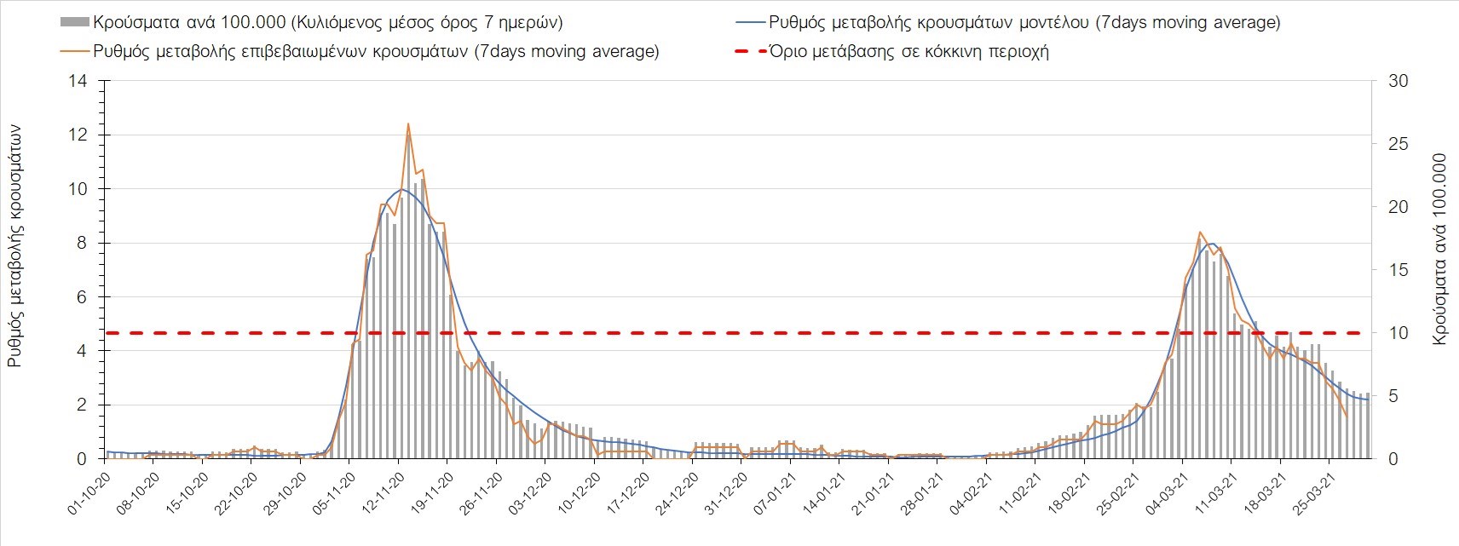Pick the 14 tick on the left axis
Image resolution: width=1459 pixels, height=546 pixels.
click(x=79, y=82)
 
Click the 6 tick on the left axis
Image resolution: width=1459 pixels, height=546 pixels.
click(x=83, y=297)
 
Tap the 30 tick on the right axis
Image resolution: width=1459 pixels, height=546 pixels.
click(x=1398, y=82)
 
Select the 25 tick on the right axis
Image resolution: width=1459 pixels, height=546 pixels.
click(x=1398, y=144)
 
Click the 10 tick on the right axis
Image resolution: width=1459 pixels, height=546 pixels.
click(x=1398, y=333)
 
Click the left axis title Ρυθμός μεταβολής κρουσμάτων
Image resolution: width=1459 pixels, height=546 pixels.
click(x=14, y=247)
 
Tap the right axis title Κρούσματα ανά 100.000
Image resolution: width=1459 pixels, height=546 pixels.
click(x=1440, y=249)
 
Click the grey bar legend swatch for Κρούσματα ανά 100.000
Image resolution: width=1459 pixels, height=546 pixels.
click(x=74, y=23)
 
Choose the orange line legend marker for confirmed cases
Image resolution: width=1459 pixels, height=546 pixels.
click(x=74, y=52)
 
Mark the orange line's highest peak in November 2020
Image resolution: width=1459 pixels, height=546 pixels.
click(x=408, y=124)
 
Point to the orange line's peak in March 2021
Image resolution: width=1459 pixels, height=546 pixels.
click(x=1200, y=232)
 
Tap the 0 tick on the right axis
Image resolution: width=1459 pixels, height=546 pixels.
click(x=1393, y=459)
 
